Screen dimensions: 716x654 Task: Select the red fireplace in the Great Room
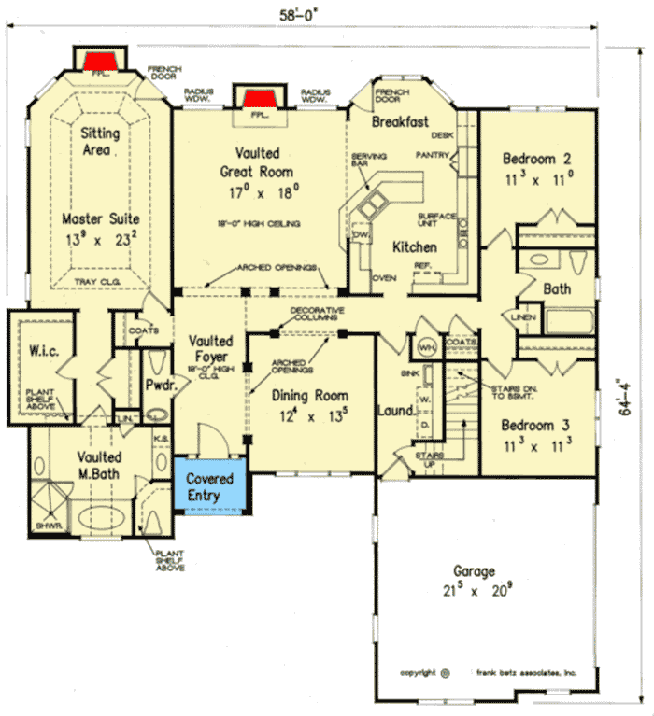coord(257,99)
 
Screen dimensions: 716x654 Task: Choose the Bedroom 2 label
coord(536,158)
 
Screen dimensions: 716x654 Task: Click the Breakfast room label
coord(400,122)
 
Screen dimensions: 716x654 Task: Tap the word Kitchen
coord(414,247)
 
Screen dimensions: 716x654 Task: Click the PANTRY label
coord(433,155)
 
